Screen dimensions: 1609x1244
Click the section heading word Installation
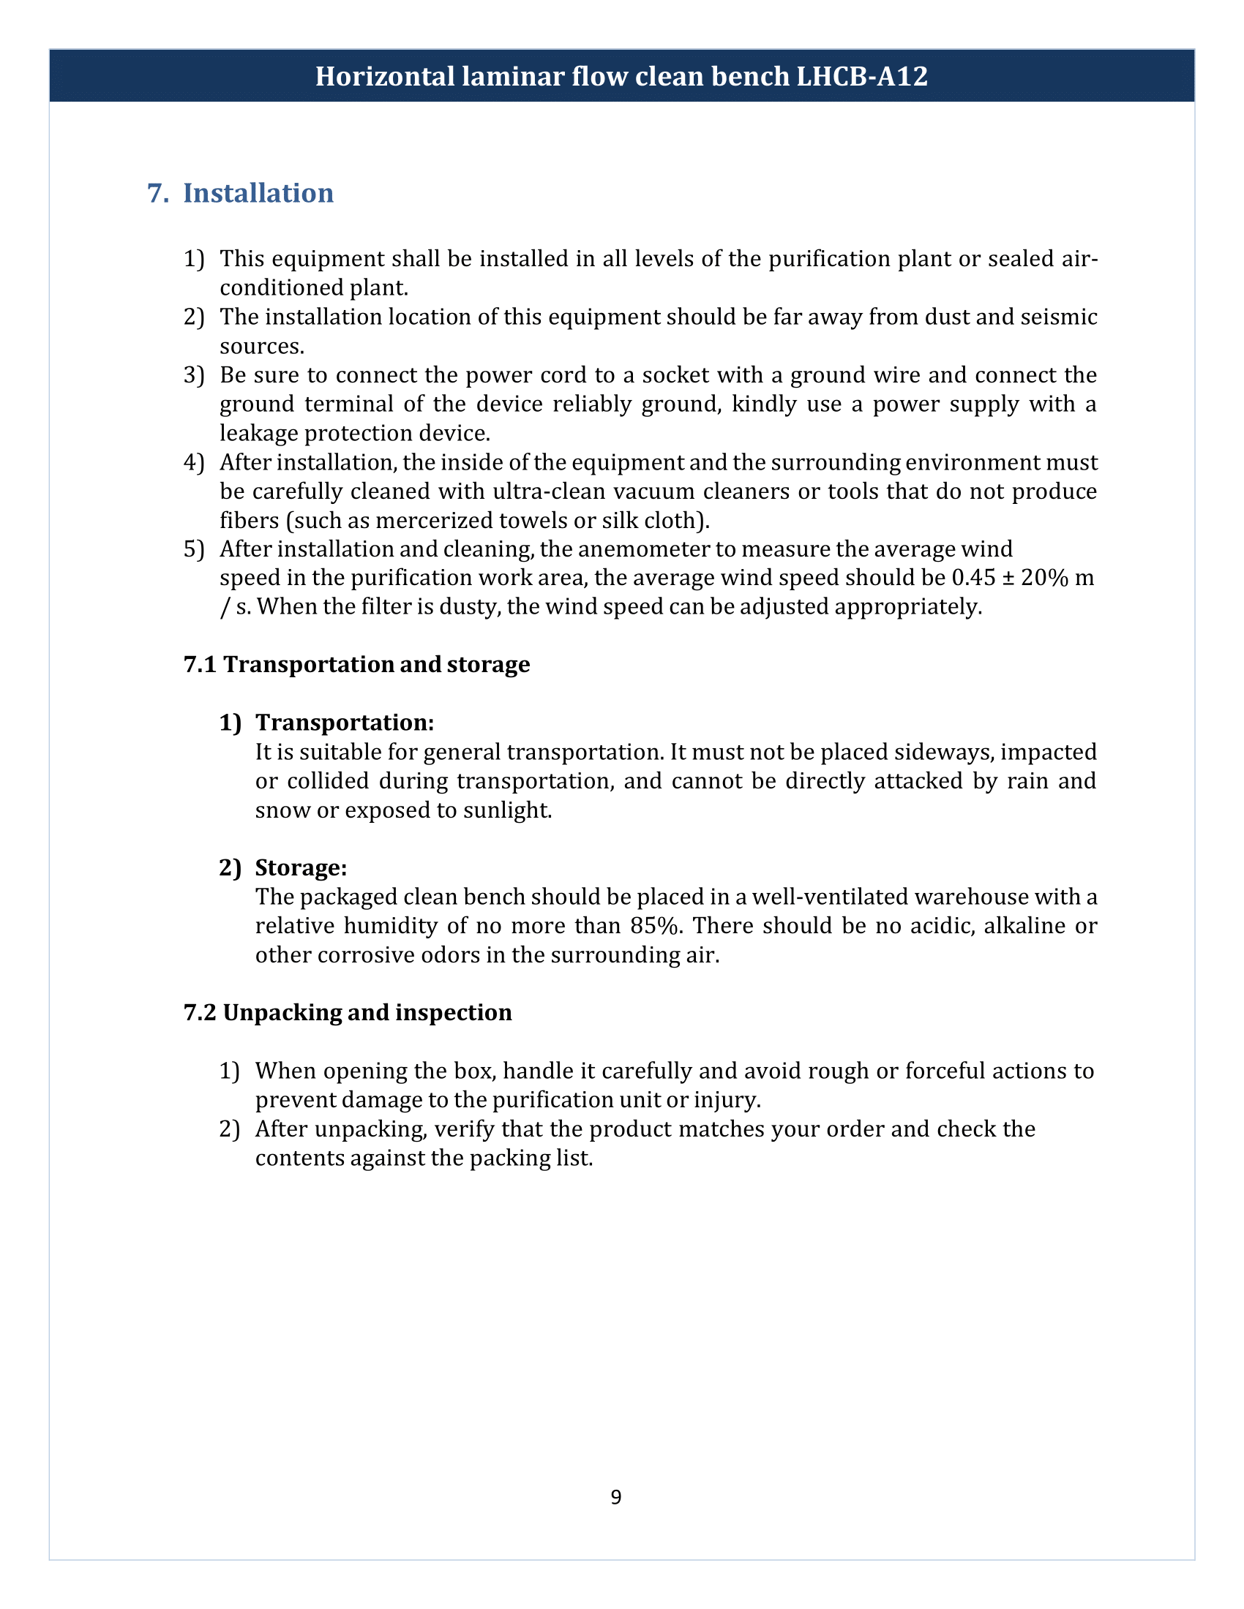[258, 193]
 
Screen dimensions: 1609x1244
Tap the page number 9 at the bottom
[616, 1497]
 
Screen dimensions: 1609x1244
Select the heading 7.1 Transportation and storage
[356, 665]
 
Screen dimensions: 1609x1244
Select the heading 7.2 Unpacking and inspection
[348, 1013]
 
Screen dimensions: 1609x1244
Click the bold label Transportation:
[345, 723]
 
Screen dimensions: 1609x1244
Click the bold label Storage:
[301, 868]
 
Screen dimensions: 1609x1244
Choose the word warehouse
[970, 897]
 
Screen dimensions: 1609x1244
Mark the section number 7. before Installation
[158, 193]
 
